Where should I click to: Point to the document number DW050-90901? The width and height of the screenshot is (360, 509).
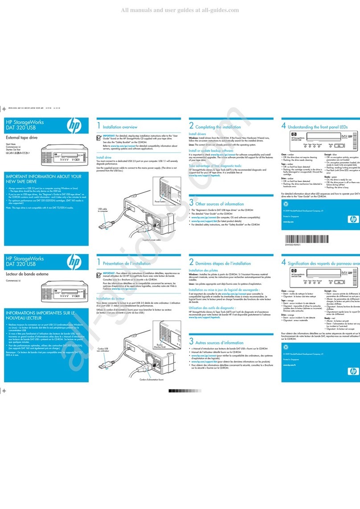tap(296, 244)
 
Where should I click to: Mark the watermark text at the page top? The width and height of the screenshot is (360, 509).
tap(180, 10)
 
